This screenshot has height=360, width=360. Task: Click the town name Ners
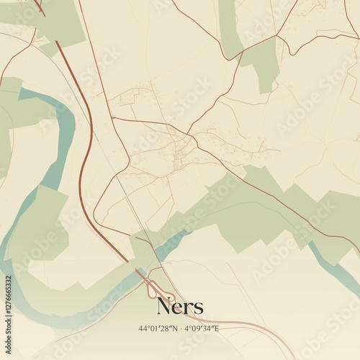click(x=180, y=307)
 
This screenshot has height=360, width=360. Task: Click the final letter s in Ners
click(x=198, y=308)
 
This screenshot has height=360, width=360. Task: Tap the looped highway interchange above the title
click(x=154, y=289)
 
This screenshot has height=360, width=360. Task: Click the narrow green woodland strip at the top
click(x=229, y=29)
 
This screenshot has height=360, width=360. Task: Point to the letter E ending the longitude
click(x=216, y=328)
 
